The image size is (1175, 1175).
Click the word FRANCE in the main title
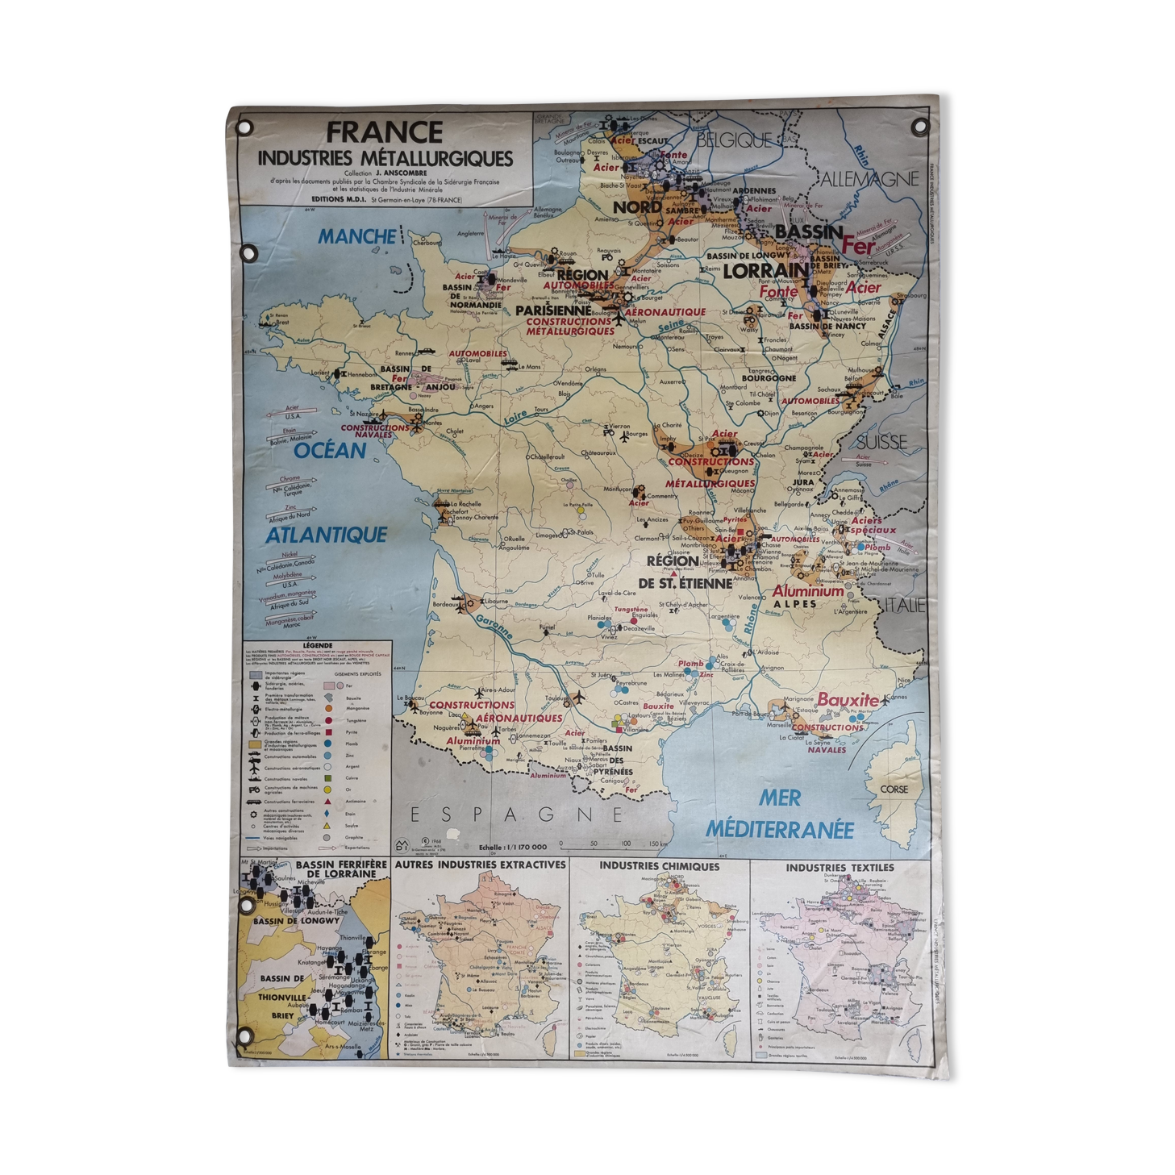[385, 132]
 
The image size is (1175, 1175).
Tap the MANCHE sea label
[356, 236]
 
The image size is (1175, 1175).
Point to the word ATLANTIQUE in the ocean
[327, 535]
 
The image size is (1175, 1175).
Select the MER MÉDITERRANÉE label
[780, 813]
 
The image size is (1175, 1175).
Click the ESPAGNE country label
[517, 814]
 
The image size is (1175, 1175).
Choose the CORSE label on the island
[894, 789]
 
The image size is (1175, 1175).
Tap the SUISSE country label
[881, 442]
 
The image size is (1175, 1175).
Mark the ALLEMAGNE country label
[869, 179]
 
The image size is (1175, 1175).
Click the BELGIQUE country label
[734, 140]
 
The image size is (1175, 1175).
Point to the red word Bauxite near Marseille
[848, 699]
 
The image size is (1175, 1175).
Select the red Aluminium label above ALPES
[808, 591]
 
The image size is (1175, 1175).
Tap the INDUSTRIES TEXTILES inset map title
[840, 867]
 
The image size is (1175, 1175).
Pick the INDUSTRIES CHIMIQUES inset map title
[659, 866]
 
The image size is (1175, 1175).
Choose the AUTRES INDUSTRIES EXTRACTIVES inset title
[480, 865]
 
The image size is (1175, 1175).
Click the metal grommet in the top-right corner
[919, 127]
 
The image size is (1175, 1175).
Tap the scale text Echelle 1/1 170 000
[512, 847]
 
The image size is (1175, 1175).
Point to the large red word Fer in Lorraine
[858, 244]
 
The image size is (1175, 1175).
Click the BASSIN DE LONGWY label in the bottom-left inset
[286, 921]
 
